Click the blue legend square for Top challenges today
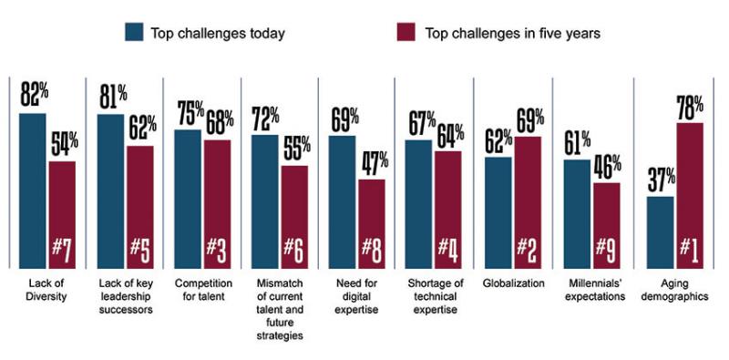(134, 32)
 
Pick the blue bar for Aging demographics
(660, 231)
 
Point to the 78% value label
(689, 106)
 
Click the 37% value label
(659, 179)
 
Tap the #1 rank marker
(689, 248)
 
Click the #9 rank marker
(608, 248)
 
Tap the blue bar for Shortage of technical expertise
(420, 202)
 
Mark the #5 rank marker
(140, 248)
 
